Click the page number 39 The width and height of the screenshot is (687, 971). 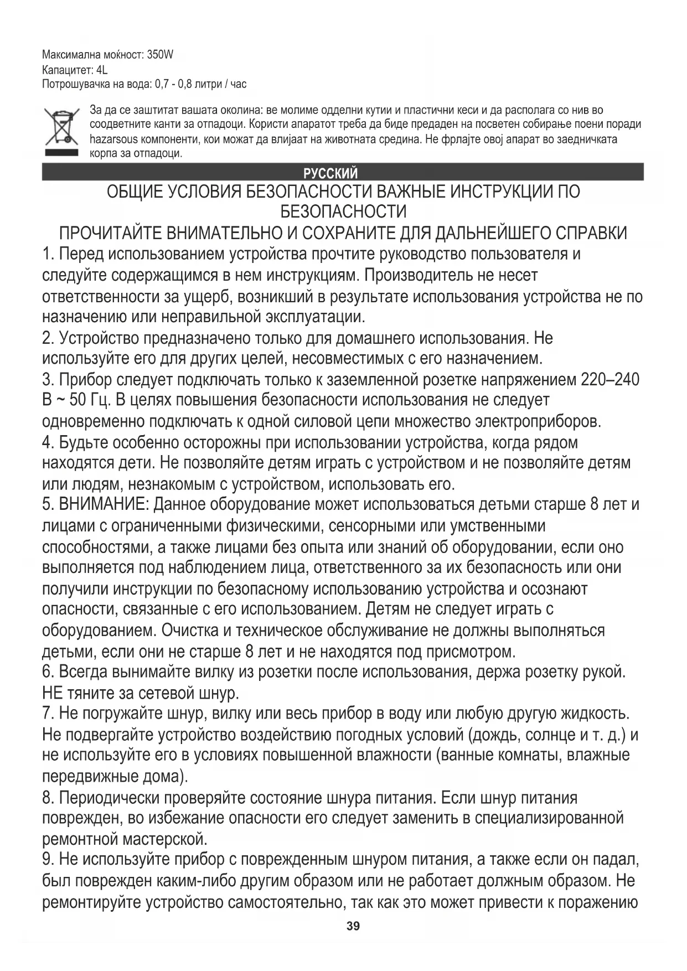coord(353,927)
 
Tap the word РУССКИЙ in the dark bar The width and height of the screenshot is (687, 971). coord(330,173)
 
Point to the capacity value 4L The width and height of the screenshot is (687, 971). coord(101,70)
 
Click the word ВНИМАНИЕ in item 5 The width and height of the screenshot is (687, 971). coord(103,505)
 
